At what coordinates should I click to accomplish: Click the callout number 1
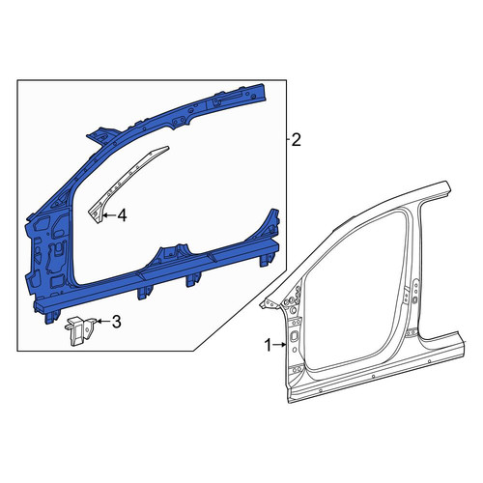(x=268, y=346)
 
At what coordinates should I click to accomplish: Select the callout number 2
(x=296, y=140)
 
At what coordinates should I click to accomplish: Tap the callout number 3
(x=116, y=322)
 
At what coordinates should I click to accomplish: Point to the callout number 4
(x=122, y=215)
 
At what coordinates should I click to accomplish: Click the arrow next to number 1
(x=279, y=345)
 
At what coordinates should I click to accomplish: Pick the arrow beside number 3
(x=103, y=321)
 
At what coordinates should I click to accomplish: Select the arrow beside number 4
(x=110, y=215)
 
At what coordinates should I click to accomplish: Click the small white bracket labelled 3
(x=80, y=330)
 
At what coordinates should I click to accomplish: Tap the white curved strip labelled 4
(x=126, y=182)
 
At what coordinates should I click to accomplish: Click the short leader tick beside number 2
(x=288, y=140)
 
